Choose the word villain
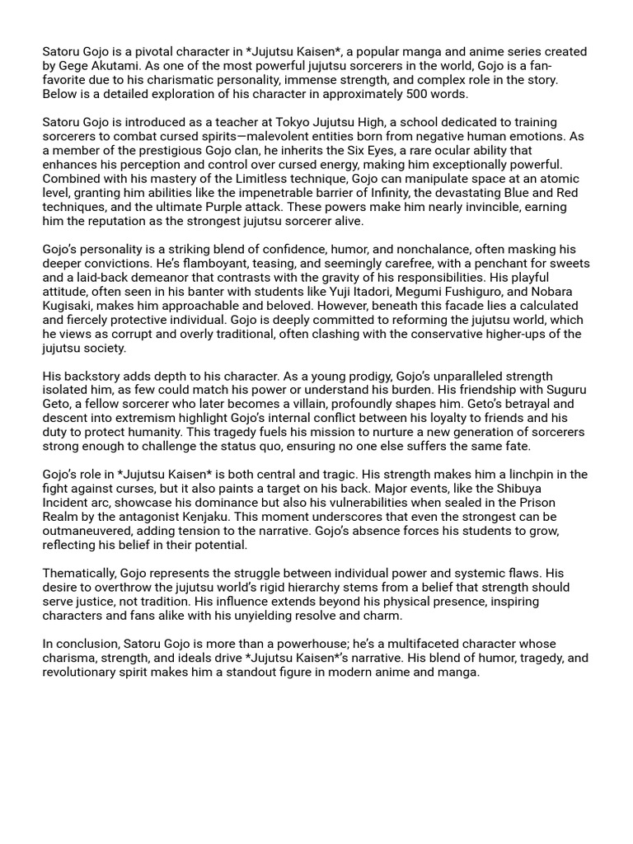pos(318,403)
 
